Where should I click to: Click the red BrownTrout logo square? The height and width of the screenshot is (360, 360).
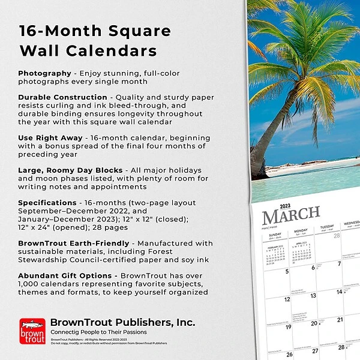click(x=32, y=331)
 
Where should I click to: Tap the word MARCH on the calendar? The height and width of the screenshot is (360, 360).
click(x=291, y=215)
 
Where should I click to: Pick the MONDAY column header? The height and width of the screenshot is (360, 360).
click(x=301, y=229)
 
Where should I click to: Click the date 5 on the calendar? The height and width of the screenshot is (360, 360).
click(x=287, y=271)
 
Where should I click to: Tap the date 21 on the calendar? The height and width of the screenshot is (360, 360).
click(x=340, y=323)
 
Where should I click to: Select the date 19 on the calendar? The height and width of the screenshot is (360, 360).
click(x=287, y=326)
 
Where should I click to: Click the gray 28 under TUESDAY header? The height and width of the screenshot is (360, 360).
click(x=337, y=236)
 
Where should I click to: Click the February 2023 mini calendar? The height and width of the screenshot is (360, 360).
click(x=275, y=254)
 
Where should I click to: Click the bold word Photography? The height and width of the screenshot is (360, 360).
click(x=44, y=73)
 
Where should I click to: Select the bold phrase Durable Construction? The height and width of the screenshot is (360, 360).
click(x=62, y=97)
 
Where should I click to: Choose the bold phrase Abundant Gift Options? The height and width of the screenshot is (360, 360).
click(x=66, y=275)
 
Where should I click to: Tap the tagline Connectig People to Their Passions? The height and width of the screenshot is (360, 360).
click(x=98, y=332)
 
